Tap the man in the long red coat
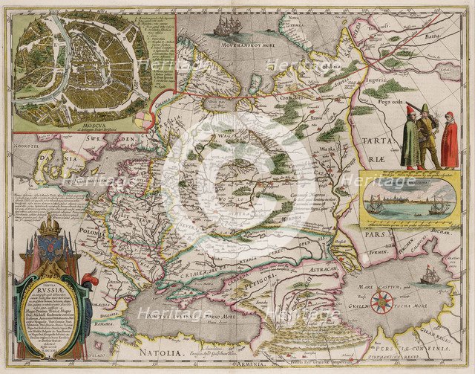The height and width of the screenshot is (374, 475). pos(449,141)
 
